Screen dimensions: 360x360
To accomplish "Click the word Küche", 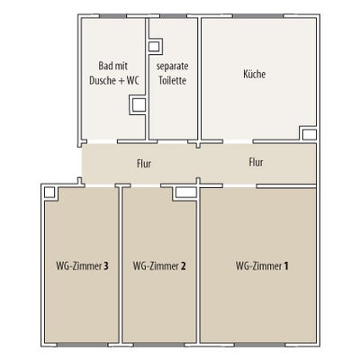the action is [255, 74].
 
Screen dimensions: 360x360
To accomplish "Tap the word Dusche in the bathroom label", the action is [103, 80].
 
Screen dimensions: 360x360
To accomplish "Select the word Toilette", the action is [173, 80].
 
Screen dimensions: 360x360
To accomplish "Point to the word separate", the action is [173, 67].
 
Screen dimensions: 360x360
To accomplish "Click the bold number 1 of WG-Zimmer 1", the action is [286, 266].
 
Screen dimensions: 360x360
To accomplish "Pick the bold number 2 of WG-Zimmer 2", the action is [184, 266].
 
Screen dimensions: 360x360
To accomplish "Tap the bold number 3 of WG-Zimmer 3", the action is [105, 266].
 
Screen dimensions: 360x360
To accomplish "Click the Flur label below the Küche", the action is [256, 162].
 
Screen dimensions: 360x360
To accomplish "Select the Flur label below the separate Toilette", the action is [144, 164].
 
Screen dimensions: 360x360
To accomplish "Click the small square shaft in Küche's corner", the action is [309, 134].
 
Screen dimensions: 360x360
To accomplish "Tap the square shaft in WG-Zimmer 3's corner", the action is [49, 193].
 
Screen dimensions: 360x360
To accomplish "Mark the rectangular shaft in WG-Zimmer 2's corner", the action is [185, 193].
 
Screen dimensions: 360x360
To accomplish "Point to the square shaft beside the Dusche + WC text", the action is [139, 104].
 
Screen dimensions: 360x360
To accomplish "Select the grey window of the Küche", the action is [258, 16].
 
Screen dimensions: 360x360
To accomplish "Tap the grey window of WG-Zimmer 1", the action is [260, 345].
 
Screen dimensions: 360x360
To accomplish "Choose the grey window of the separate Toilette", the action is [173, 16].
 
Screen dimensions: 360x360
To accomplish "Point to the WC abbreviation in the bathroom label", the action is [133, 80].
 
